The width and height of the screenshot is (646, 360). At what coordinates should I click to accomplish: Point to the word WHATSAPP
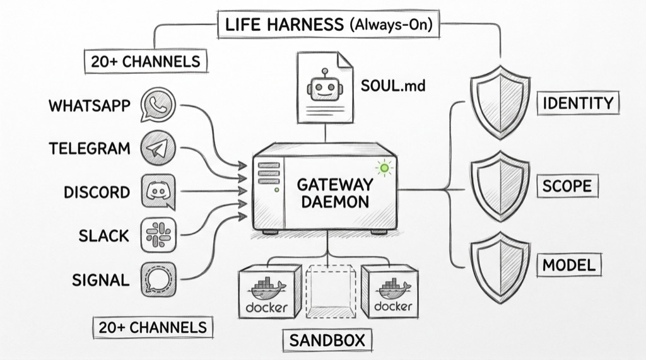tap(89, 105)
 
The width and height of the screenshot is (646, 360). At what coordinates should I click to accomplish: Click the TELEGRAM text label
tap(90, 149)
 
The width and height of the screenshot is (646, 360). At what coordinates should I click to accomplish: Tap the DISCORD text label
tap(97, 192)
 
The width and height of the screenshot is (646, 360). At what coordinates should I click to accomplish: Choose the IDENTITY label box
tap(578, 103)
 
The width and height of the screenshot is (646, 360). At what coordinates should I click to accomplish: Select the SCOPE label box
tap(567, 185)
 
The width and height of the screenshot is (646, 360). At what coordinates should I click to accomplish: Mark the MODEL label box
tap(568, 265)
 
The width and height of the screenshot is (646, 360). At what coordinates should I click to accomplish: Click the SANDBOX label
tap(327, 340)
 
